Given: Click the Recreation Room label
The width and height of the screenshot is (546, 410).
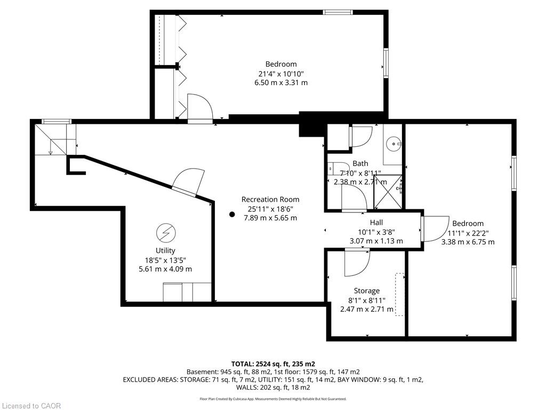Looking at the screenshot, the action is pyautogui.click(x=270, y=200).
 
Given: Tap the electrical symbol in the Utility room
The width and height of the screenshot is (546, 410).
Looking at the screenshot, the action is pyautogui.click(x=166, y=233).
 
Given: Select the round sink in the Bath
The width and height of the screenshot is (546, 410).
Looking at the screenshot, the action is pyautogui.click(x=394, y=143).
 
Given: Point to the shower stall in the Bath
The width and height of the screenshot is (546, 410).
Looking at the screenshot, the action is pyautogui.click(x=388, y=192).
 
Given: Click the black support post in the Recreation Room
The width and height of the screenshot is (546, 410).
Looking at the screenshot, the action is pyautogui.click(x=232, y=215).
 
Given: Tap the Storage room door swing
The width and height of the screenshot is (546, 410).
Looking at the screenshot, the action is pyautogui.click(x=357, y=262).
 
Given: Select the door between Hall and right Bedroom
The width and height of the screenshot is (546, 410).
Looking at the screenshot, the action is pyautogui.click(x=435, y=228).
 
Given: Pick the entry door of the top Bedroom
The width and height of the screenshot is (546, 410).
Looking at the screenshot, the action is pyautogui.click(x=200, y=108).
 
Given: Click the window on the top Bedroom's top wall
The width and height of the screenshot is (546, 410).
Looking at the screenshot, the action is pyautogui.click(x=338, y=13).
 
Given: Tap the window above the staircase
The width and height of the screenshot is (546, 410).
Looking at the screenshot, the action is pyautogui.click(x=57, y=121).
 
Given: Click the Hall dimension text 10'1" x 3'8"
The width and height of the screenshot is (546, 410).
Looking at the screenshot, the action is pyautogui.click(x=376, y=232).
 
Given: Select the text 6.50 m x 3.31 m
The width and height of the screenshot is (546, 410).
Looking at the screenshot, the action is pyautogui.click(x=281, y=83).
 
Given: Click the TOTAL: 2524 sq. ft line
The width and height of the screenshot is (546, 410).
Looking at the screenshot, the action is pyautogui.click(x=273, y=364).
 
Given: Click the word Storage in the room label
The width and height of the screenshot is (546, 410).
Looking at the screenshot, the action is pyautogui.click(x=367, y=291).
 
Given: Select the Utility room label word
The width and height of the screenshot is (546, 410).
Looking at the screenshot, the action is pyautogui.click(x=165, y=250).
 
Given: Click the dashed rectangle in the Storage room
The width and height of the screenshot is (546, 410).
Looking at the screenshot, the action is pyautogui.click(x=399, y=295).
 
